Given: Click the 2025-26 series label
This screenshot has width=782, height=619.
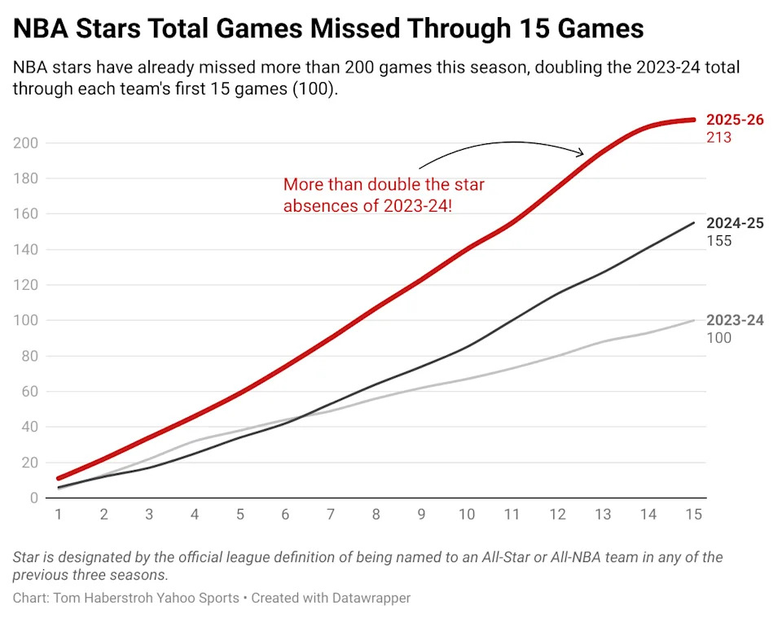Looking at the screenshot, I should tap(735, 120).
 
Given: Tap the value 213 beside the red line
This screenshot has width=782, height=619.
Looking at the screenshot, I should tap(718, 138).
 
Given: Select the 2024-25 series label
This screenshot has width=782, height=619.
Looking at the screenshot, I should tap(735, 223).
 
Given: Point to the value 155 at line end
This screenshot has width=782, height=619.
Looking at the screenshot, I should tap(718, 241).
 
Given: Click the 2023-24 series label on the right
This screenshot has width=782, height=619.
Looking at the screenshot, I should tap(735, 320).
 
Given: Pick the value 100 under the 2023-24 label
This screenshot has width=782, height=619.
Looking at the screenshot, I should tap(718, 338).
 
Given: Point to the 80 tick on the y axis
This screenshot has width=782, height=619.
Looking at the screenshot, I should tap(30, 356).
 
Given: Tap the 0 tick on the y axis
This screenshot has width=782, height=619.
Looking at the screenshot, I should tap(34, 498).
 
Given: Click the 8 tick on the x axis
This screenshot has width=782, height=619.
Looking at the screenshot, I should tap(376, 514).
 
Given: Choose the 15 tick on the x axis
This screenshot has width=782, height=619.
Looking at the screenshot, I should tap(694, 514).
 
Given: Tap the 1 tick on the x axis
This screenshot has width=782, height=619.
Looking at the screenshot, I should tap(59, 514).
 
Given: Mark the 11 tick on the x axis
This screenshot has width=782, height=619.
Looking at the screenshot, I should tap(512, 514).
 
